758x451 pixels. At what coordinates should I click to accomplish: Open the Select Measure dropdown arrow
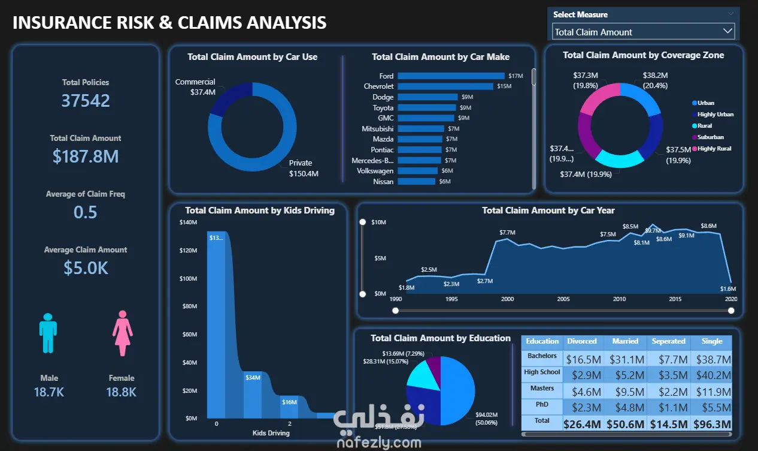point(727,31)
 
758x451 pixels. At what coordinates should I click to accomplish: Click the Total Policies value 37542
point(86,100)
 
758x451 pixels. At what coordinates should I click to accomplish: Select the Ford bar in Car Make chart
point(451,76)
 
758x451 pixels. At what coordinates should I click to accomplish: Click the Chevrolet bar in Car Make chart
point(445,86)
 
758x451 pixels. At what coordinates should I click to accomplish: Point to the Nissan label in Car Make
point(383,181)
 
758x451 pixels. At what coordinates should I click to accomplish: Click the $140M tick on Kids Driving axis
point(188,223)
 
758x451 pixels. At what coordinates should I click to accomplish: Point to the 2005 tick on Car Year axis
point(563,299)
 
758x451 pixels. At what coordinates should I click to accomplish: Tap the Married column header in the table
point(625,341)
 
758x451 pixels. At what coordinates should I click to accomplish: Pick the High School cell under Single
point(712,375)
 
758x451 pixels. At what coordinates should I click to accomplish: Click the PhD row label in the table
point(542,405)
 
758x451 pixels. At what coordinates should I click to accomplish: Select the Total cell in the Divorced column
point(582,424)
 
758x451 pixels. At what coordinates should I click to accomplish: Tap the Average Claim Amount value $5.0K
point(86,267)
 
